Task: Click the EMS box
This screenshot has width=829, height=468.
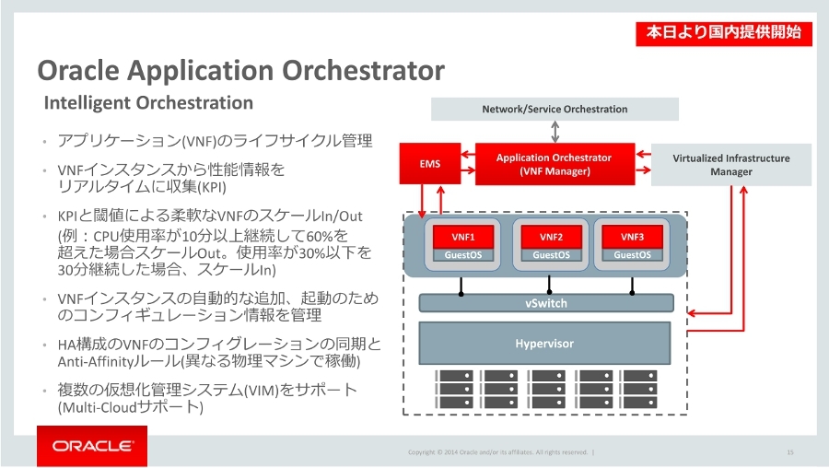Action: pos(430,164)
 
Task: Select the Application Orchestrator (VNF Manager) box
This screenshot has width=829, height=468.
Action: pos(555,164)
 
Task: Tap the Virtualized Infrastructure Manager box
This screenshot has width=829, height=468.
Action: pos(731,165)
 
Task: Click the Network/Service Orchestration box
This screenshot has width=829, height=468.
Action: pos(555,109)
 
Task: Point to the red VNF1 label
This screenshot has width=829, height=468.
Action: pos(463,237)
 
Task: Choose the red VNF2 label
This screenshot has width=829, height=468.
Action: pos(551,237)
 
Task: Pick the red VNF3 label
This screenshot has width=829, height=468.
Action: pos(632,237)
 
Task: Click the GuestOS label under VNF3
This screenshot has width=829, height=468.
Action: pos(632,255)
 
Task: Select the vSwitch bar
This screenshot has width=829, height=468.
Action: pos(546,303)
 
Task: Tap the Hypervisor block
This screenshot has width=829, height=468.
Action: pos(544,344)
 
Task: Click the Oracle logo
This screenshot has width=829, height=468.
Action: pos(92,446)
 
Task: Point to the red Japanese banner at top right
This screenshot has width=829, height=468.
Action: pos(724,33)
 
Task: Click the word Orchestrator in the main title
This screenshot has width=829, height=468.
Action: pos(363,70)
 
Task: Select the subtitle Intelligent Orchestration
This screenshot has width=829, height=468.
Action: pos(148,102)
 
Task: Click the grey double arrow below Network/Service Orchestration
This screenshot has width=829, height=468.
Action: pos(555,132)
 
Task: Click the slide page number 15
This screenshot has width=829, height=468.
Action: pos(790,452)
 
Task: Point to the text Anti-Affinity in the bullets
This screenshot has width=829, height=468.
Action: pos(95,362)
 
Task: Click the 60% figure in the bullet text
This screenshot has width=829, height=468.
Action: pos(320,235)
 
